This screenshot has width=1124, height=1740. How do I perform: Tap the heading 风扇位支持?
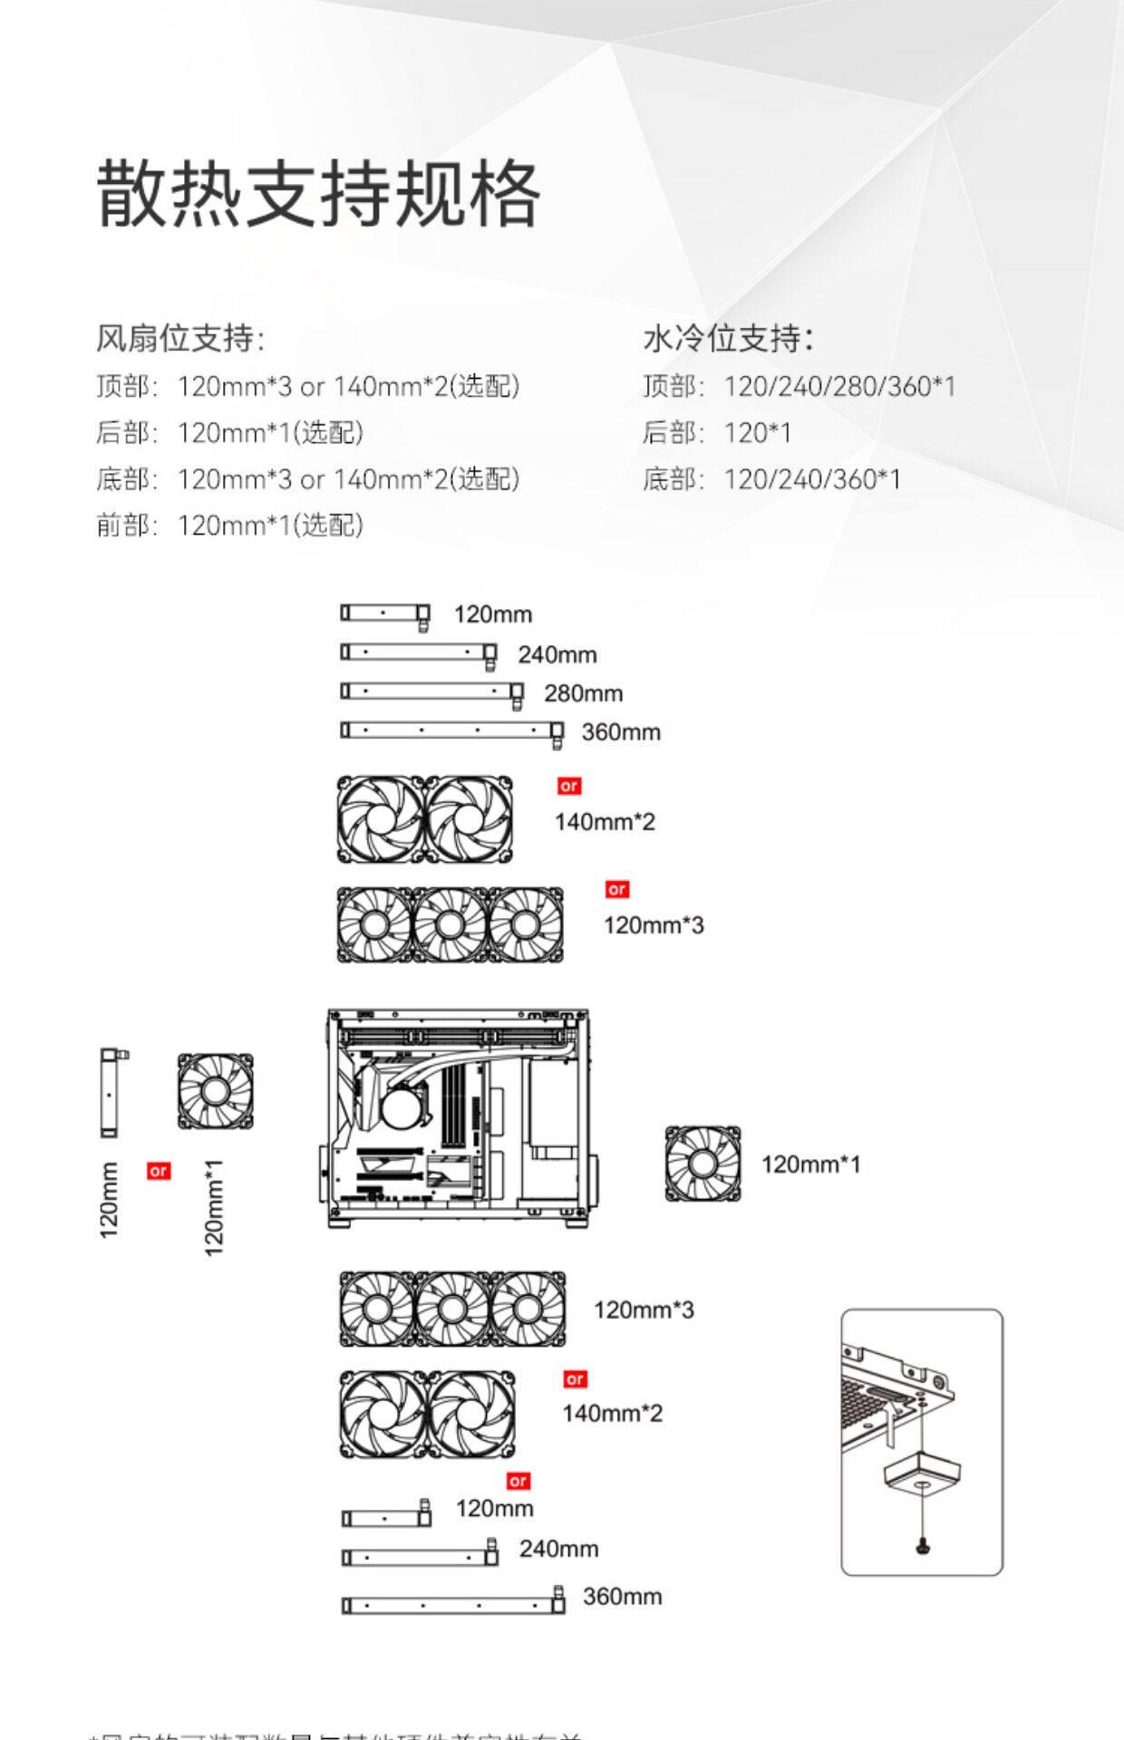click(x=179, y=338)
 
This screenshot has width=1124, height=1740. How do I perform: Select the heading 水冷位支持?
click(x=728, y=338)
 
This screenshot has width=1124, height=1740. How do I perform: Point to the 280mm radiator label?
click(x=583, y=693)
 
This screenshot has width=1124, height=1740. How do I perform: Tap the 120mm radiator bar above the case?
click(x=384, y=614)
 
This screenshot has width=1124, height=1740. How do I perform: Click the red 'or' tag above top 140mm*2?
click(x=569, y=786)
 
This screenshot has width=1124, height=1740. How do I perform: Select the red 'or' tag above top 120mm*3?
click(x=617, y=889)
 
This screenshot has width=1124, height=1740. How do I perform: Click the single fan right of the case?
click(x=702, y=1164)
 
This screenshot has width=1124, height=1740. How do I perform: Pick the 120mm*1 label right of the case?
click(x=810, y=1165)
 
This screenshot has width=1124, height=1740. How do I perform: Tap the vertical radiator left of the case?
click(x=110, y=1093)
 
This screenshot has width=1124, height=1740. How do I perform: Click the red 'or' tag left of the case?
click(x=159, y=1171)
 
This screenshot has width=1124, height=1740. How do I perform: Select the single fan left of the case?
click(x=215, y=1091)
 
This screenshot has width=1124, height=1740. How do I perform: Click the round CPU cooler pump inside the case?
click(x=405, y=1107)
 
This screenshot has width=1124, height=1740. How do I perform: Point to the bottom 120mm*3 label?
click(x=644, y=1310)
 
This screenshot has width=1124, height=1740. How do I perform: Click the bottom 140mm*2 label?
click(x=612, y=1413)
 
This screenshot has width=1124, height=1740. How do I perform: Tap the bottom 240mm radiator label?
click(x=558, y=1549)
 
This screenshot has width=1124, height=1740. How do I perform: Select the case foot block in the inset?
click(x=922, y=1475)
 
